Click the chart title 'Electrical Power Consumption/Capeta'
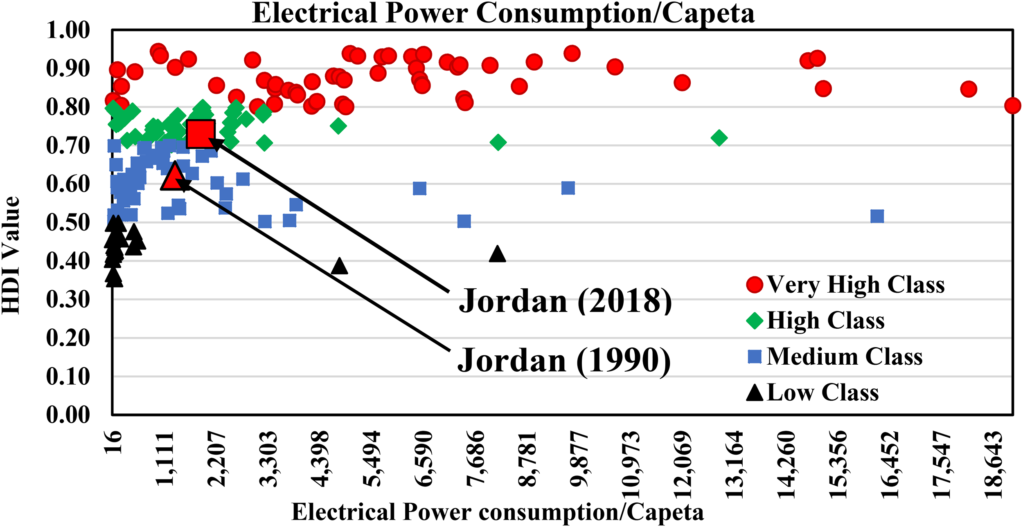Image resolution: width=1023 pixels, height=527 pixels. (503, 14)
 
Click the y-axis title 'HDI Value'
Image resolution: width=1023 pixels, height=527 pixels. (11, 255)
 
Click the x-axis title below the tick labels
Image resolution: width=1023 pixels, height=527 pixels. (498, 512)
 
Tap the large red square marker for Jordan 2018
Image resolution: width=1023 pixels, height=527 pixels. (201, 134)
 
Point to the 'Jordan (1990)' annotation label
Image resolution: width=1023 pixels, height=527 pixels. (564, 360)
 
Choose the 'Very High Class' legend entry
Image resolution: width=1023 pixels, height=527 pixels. (845, 285)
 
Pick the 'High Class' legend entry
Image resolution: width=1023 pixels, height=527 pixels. (815, 320)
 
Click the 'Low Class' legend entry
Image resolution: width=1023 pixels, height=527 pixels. (812, 392)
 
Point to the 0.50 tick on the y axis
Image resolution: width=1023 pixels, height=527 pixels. (68, 223)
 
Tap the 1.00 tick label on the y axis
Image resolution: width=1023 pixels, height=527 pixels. (68, 30)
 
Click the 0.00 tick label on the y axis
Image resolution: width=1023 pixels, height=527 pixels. (68, 415)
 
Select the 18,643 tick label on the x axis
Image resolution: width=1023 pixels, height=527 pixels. (993, 464)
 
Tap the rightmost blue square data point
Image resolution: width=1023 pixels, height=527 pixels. (877, 216)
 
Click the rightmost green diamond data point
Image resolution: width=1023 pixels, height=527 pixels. (719, 138)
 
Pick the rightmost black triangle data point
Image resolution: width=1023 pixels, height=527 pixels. (497, 254)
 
